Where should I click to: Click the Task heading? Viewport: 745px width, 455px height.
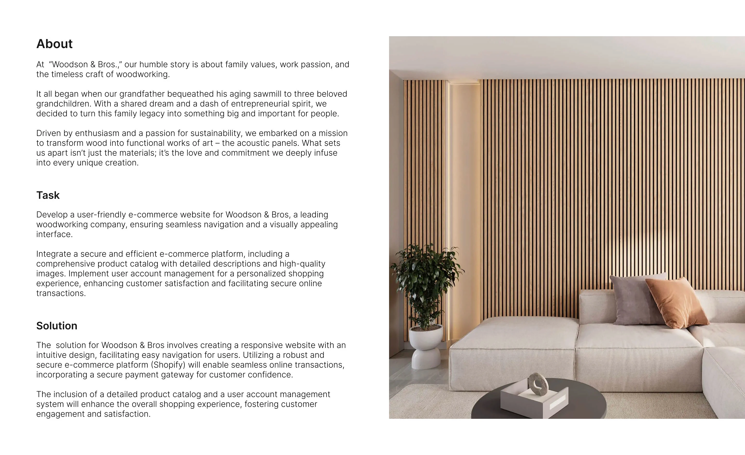click(48, 195)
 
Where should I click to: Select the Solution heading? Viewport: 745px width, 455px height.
click(57, 326)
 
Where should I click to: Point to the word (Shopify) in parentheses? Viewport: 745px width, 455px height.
click(168, 365)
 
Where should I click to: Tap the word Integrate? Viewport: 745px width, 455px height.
click(54, 254)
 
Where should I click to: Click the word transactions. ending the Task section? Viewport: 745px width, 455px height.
click(61, 293)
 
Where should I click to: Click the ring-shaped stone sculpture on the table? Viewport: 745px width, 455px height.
click(538, 384)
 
